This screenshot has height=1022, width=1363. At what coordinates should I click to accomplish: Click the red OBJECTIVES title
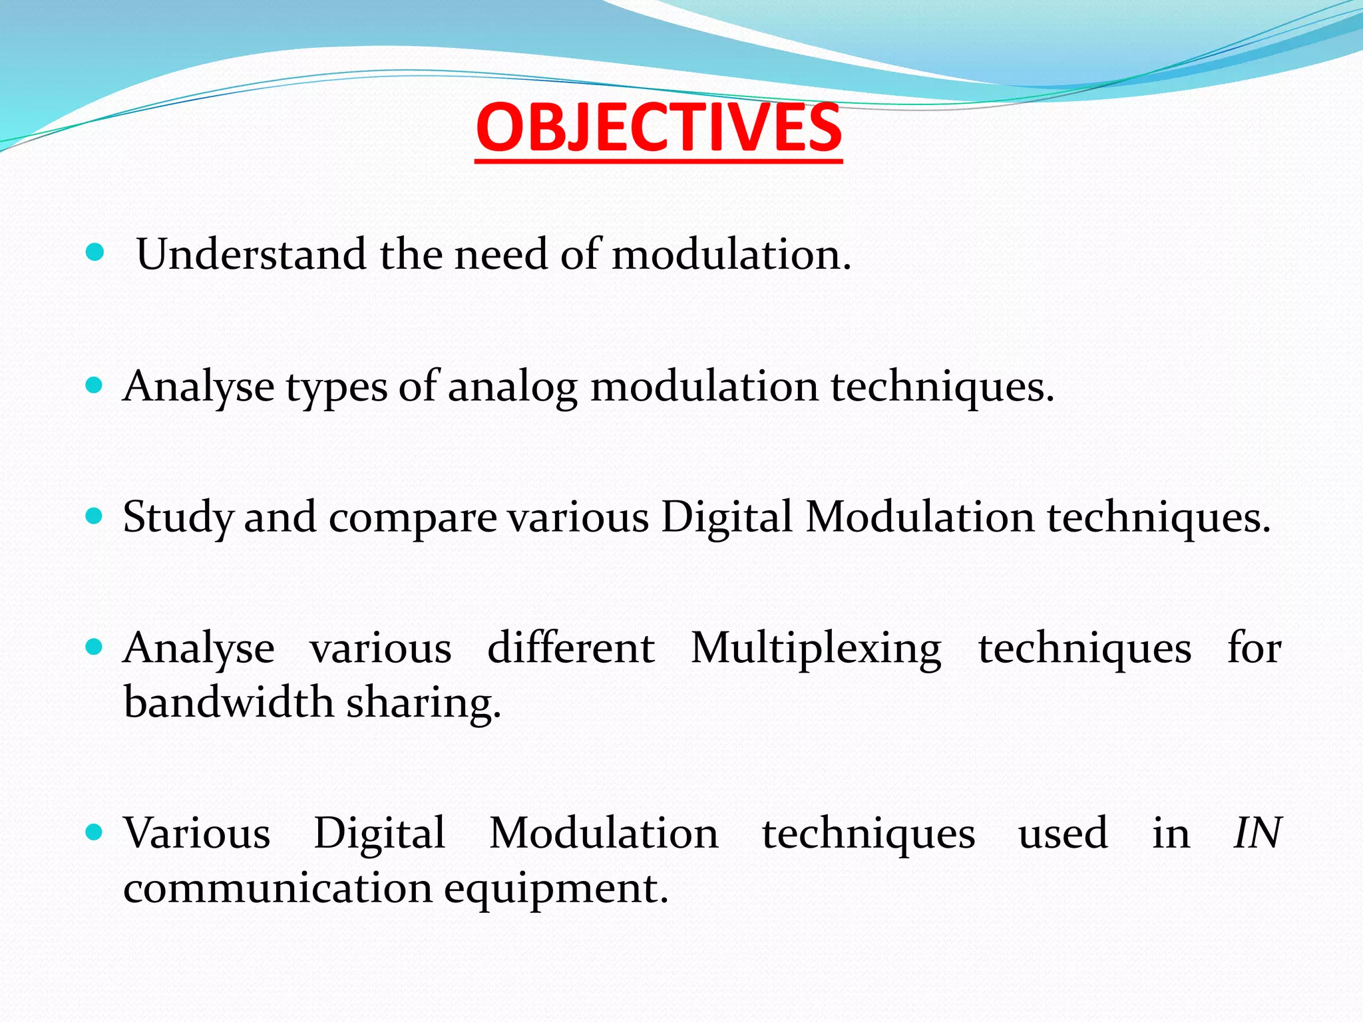659,128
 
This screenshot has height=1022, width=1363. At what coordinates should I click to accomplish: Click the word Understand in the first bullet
251,254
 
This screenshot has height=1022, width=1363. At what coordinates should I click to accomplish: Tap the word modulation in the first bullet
730,254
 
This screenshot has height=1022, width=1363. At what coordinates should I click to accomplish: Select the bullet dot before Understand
95,252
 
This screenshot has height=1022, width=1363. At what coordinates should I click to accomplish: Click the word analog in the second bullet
512,387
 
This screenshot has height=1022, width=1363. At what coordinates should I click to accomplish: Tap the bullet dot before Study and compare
95,516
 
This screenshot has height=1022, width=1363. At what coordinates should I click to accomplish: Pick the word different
570,647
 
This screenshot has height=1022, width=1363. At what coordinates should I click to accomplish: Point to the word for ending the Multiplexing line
1254,647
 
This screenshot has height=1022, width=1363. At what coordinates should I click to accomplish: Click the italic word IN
1257,833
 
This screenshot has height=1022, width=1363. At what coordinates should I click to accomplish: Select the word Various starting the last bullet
197,833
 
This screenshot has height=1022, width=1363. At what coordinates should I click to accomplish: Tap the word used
1063,833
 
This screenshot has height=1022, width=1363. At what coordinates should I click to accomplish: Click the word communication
278,888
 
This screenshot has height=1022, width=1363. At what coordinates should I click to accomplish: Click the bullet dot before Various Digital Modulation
95,832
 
